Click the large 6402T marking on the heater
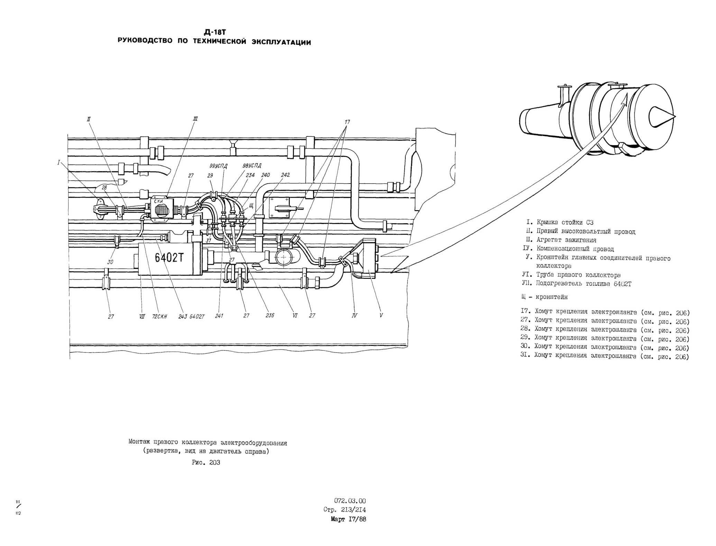point(169,258)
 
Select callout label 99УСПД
point(219,166)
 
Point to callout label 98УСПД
point(252,165)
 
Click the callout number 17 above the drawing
point(347,122)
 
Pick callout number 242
point(285,175)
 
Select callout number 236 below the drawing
point(270,315)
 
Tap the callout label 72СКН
point(159,316)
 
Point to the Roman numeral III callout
point(195,119)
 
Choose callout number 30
point(110,262)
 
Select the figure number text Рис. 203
point(206,463)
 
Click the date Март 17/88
point(348,519)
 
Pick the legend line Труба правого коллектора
point(571,275)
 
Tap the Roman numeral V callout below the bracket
point(381,315)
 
